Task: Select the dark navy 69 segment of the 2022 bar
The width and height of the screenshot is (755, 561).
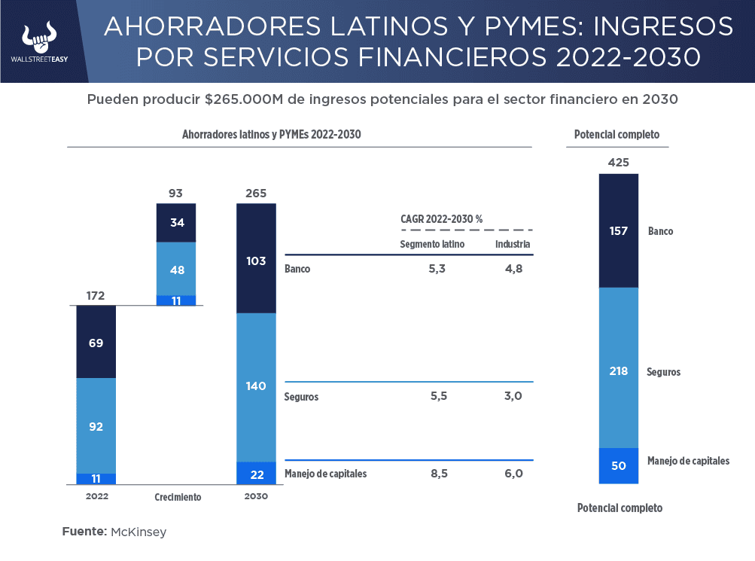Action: (x=96, y=342)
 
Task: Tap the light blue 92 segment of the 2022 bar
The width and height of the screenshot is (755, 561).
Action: (x=96, y=425)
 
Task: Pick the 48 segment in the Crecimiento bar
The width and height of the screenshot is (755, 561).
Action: (x=176, y=269)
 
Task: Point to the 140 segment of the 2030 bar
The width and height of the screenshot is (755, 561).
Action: (x=256, y=386)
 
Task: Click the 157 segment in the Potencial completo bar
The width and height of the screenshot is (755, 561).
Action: (x=619, y=231)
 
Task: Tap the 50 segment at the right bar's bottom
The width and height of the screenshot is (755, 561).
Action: (x=619, y=465)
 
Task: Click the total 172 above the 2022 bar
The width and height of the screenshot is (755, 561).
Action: (x=96, y=296)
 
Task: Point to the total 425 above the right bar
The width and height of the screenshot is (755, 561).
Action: (x=619, y=162)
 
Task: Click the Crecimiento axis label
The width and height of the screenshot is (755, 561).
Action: (x=178, y=497)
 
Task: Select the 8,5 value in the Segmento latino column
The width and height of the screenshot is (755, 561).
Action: (x=437, y=474)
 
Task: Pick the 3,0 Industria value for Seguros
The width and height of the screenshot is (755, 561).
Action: (x=513, y=396)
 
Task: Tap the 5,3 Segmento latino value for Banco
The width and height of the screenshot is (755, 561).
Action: (x=437, y=268)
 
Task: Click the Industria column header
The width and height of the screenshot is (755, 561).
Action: (x=513, y=244)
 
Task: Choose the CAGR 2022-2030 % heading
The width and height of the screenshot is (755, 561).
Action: (x=441, y=218)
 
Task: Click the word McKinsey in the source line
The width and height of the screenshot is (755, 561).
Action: (x=139, y=532)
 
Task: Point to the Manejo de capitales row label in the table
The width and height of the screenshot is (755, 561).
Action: (x=326, y=474)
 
